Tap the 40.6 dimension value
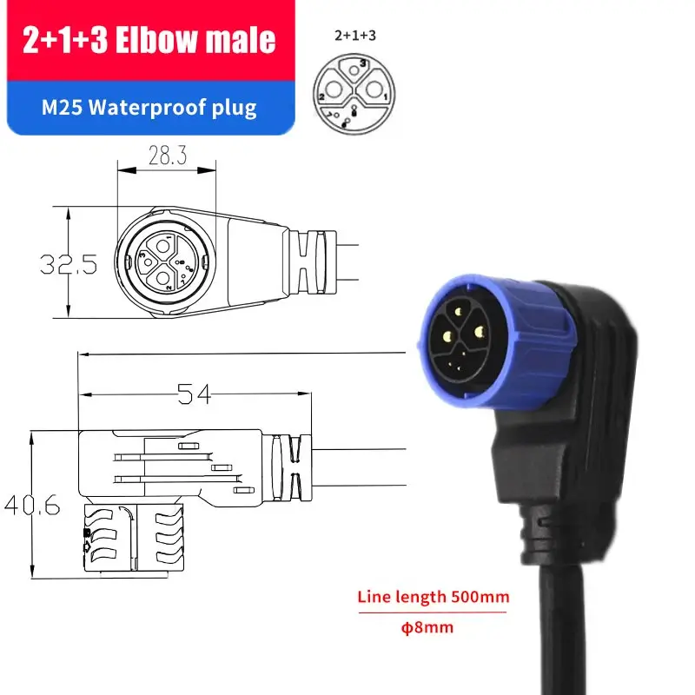pos(31,505)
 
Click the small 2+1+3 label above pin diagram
pos(349,36)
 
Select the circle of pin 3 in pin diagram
pos(353,68)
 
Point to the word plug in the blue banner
pos(238,108)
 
